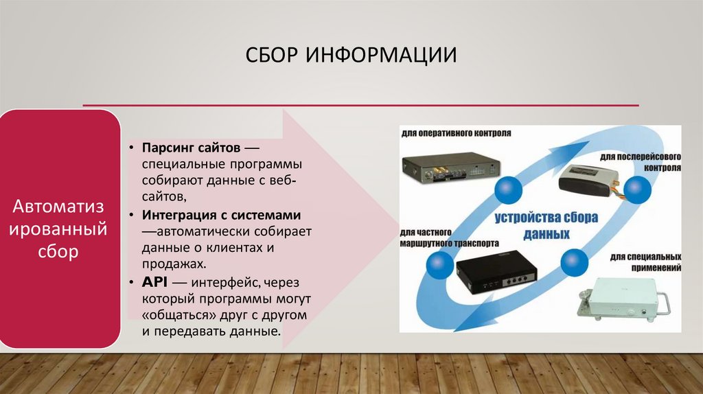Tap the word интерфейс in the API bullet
[223, 282]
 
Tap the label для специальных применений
[644, 262]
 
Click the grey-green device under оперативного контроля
[451, 169]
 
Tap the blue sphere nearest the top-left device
[509, 187]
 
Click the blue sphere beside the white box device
[573, 262]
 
